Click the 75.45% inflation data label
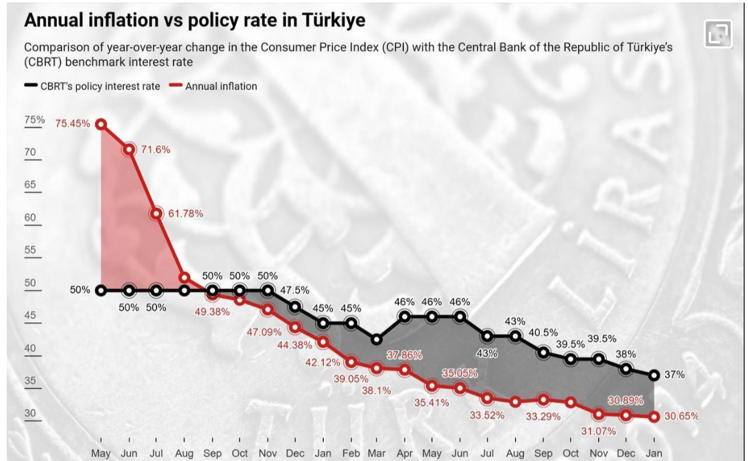coord(73,124)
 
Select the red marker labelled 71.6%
coord(128,150)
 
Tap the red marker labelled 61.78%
coord(156,213)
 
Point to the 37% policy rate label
coord(674,375)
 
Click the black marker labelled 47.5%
coord(295,306)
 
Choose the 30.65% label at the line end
coord(682,416)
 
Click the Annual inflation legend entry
coord(221,86)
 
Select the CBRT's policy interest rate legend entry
coord(100,86)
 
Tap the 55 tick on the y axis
coord(31,250)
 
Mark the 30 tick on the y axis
coord(31,413)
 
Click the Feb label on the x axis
coord(351,453)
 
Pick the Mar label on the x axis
coord(377,453)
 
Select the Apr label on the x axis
coord(405,453)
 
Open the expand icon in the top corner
coord(718,33)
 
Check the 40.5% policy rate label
coord(543,333)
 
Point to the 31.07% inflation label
coord(599,432)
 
